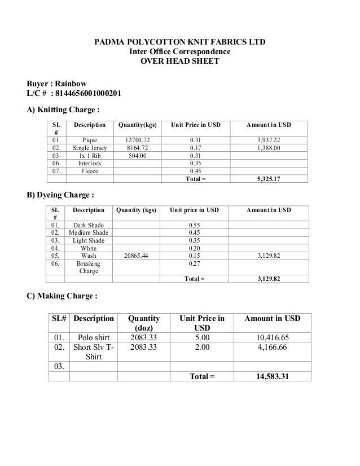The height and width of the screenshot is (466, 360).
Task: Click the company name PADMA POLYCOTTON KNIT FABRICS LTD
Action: click(x=180, y=42)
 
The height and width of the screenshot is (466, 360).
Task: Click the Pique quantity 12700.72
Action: click(x=136, y=140)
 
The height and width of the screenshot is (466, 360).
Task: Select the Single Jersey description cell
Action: click(x=89, y=148)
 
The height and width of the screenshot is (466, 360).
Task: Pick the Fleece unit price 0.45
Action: click(x=195, y=172)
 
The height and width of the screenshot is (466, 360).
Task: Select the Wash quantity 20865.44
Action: click(x=135, y=255)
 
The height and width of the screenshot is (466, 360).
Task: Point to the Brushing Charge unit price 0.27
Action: click(x=195, y=263)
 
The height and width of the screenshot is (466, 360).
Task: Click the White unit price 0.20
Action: click(x=195, y=247)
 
